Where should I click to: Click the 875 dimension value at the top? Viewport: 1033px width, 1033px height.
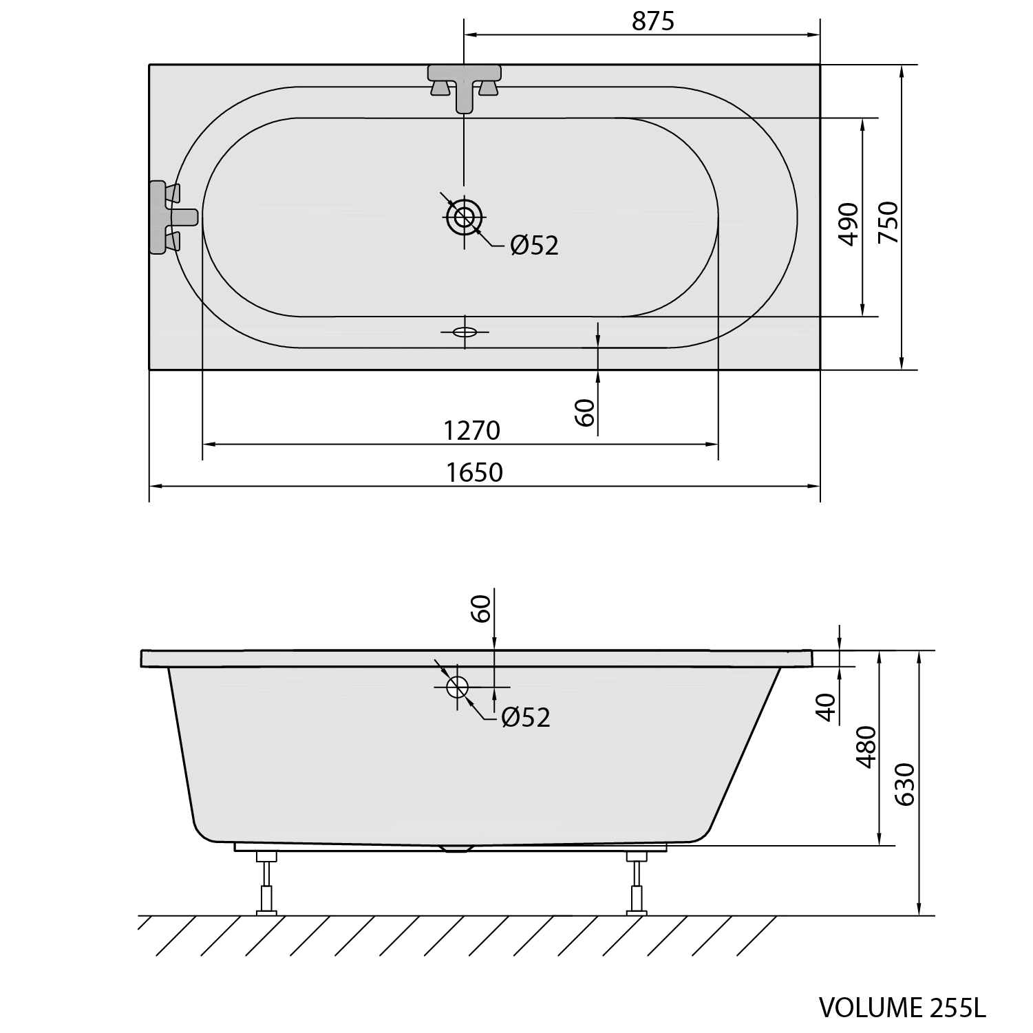pyautogui.click(x=652, y=21)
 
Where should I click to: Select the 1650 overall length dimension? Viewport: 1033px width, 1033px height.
pyautogui.click(x=474, y=473)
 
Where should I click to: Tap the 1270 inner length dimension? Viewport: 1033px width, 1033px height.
pyautogui.click(x=471, y=431)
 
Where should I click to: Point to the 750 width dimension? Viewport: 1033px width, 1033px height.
pyautogui.click(x=888, y=222)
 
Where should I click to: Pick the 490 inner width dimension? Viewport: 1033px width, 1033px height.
pyautogui.click(x=849, y=224)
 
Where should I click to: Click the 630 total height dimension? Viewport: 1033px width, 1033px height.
pyautogui.click(x=906, y=785)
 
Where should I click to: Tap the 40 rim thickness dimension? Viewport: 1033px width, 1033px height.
pyautogui.click(x=826, y=707)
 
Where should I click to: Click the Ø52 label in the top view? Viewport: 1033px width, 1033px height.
pyautogui.click(x=534, y=245)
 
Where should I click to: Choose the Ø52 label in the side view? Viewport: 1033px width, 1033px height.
pyautogui.click(x=526, y=717)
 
